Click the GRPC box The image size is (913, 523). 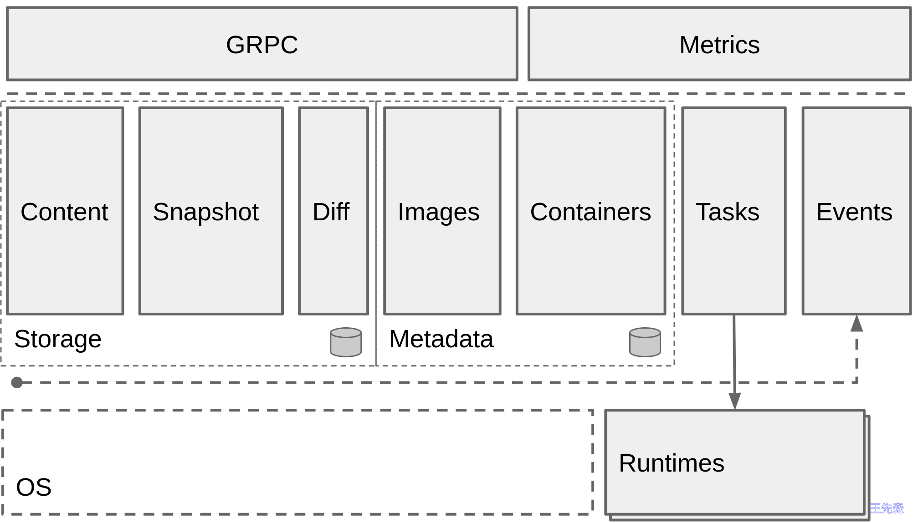[x=262, y=44]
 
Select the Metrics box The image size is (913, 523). [x=719, y=44]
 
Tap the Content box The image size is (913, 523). [x=65, y=211]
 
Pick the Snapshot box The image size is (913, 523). [x=210, y=211]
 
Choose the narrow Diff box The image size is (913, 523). [x=333, y=211]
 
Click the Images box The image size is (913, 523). [x=441, y=211]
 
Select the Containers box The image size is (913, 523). [x=590, y=211]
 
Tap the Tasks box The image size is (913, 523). [x=733, y=211]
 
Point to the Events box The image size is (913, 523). [x=856, y=211]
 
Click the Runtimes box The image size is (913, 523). [x=734, y=462]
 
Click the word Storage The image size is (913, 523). [x=58, y=339]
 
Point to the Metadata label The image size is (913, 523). [x=441, y=339]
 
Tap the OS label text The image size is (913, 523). [x=34, y=487]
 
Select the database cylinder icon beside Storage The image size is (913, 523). [x=346, y=342]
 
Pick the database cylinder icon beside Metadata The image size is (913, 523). [x=645, y=342]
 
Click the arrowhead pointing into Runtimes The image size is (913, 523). [x=734, y=401]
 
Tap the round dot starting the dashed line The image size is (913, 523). [x=17, y=382]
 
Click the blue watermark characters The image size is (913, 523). [x=886, y=508]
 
